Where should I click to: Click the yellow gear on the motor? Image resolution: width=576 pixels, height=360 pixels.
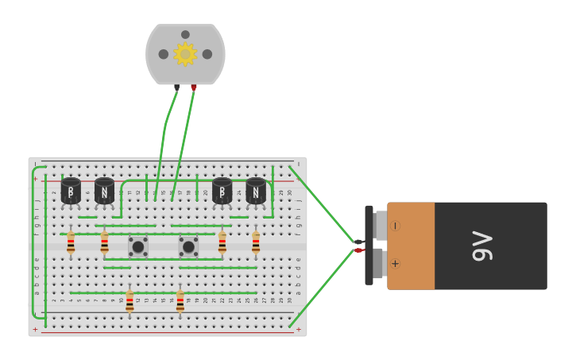point(185,54)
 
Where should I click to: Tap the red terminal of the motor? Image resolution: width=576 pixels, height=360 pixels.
point(193,87)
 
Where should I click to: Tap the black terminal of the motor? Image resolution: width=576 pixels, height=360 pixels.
point(176,87)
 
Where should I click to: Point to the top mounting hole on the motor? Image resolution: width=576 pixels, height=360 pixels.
point(185,34)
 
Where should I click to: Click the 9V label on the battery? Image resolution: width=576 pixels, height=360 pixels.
point(482,246)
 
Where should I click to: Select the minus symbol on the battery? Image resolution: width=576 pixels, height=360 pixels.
point(395,226)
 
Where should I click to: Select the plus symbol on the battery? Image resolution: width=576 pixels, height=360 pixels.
point(395,263)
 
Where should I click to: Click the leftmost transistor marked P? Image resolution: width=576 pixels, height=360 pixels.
point(71,192)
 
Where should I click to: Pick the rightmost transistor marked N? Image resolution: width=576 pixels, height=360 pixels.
point(256,192)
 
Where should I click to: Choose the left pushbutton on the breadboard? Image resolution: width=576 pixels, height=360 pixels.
point(138,246)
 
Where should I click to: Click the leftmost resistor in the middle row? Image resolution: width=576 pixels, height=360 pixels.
point(71,242)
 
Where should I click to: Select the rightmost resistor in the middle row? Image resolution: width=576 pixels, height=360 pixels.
point(256,242)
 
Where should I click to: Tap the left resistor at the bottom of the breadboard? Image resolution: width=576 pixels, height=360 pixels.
point(130,301)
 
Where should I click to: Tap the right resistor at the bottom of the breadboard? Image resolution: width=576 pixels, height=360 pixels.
point(180,301)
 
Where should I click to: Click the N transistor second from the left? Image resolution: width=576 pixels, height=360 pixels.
point(104,192)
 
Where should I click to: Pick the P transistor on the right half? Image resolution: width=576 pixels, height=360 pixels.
point(222,192)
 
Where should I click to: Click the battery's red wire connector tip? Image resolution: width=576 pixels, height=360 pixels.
point(358,250)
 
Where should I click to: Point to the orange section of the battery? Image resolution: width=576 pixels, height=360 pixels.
point(411,246)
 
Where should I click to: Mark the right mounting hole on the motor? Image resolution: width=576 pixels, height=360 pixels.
point(207,54)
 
